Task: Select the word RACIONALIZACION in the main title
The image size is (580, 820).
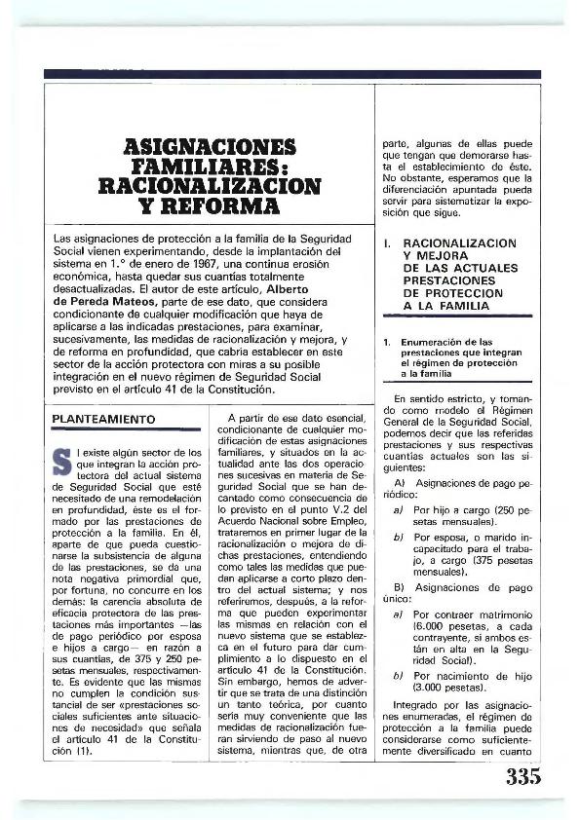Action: click(211, 186)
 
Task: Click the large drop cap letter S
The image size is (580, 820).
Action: click(63, 460)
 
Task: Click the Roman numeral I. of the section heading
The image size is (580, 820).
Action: click(387, 242)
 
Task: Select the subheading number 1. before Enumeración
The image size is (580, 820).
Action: click(387, 343)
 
